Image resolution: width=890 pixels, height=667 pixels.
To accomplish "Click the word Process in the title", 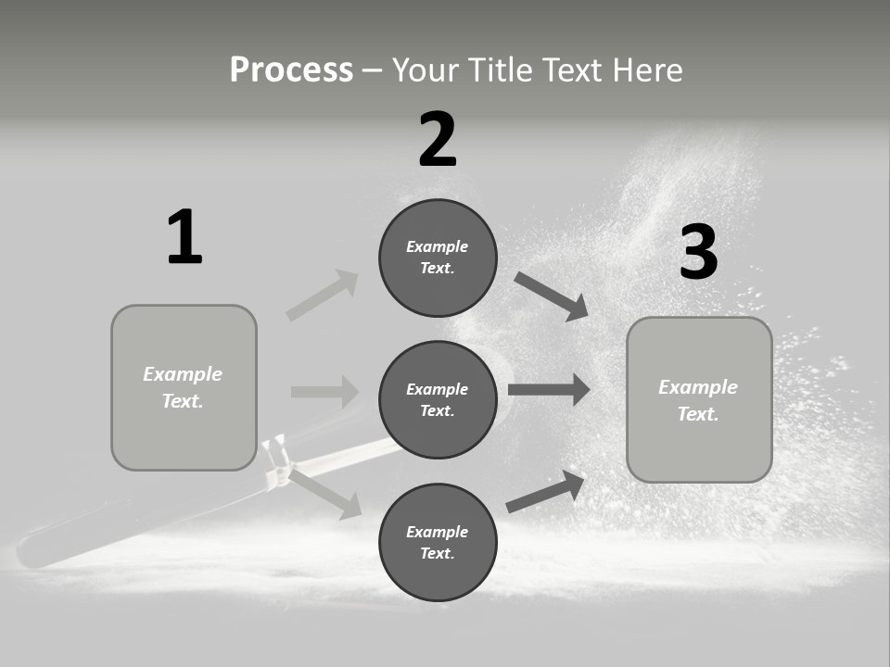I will click(x=291, y=70).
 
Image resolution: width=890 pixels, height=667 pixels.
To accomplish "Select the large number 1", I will click(x=184, y=237).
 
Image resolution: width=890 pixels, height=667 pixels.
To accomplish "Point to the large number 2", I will click(x=438, y=140).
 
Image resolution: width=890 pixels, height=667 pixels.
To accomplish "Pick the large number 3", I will click(x=698, y=253).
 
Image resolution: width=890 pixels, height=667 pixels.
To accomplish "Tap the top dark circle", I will click(x=438, y=258).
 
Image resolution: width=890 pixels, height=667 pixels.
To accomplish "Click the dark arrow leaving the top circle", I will click(x=551, y=296).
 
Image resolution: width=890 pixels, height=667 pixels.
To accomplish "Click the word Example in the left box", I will click(x=183, y=374).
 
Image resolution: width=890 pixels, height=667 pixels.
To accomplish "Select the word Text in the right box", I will click(x=698, y=414).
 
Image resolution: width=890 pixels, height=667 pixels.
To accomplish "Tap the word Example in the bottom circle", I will click(x=438, y=532).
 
